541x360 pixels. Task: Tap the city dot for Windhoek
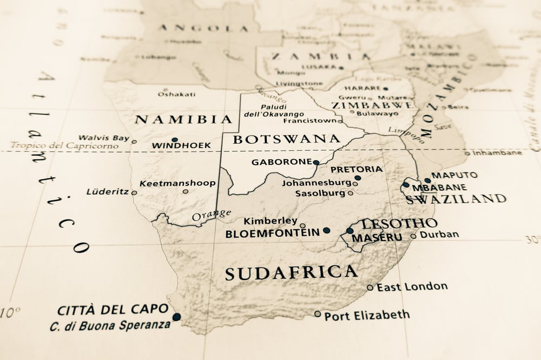pos(174,139)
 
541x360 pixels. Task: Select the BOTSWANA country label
pos(286,139)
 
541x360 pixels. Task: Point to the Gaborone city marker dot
pos(316,162)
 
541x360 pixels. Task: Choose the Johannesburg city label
pos(316,183)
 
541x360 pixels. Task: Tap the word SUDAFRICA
pos(291,272)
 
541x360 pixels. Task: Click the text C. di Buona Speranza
pos(110,326)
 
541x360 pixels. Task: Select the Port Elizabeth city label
pos(367,315)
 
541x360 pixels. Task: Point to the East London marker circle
pos(370,288)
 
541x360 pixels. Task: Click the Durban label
pos(439,235)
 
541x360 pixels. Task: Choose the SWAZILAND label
pos(456,198)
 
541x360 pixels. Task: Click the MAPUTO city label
pos(454,175)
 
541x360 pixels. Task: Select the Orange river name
pos(212,215)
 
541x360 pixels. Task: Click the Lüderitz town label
pos(108,191)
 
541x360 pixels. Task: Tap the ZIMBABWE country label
pos(373,105)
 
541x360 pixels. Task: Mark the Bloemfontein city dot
pos(326,230)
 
